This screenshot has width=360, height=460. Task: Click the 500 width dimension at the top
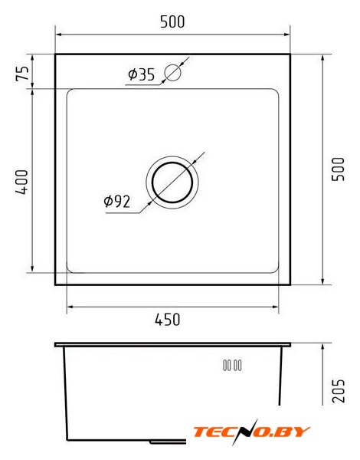[172, 21]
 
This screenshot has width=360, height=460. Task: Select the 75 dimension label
[22, 74]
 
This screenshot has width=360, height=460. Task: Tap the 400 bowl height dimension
[22, 182]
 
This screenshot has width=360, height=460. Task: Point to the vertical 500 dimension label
[338, 169]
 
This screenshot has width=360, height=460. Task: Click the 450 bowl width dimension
[168, 320]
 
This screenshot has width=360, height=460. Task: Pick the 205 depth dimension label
[338, 391]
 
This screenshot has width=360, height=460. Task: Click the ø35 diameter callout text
[141, 74]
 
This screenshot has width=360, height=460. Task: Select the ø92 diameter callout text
[117, 202]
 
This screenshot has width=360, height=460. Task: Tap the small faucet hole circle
[172, 73]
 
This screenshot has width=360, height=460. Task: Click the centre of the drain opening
[172, 182]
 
